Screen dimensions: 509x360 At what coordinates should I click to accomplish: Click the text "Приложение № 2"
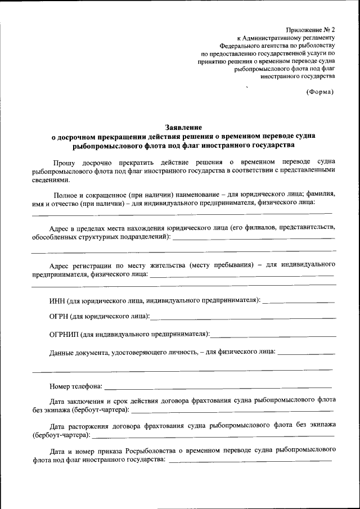tap(310, 29)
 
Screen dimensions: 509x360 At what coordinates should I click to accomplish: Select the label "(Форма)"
tap(319, 92)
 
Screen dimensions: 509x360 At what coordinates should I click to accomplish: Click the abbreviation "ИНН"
tap(58, 300)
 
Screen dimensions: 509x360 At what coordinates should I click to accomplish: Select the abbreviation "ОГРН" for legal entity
tap(61, 317)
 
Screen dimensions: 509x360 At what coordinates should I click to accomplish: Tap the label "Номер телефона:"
tap(75, 387)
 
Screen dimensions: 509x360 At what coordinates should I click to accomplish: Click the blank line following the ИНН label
tap(299, 301)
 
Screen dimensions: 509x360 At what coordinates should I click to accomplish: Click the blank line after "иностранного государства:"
tap(250, 461)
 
